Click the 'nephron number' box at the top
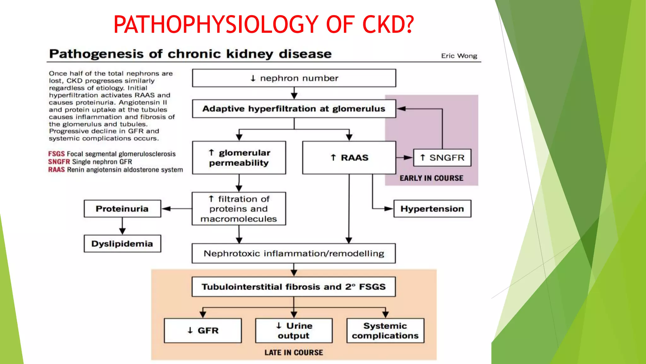(x=294, y=78)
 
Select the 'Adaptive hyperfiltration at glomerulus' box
(x=294, y=109)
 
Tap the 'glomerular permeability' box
(x=239, y=158)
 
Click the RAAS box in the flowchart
(x=349, y=158)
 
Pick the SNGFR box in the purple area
(x=442, y=158)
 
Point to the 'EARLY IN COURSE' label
(x=431, y=178)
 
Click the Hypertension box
(x=432, y=209)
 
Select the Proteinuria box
(x=122, y=209)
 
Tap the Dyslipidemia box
(x=122, y=244)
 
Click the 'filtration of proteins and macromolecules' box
(x=239, y=209)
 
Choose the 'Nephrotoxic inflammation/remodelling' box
(x=294, y=253)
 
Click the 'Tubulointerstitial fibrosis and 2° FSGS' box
(x=294, y=287)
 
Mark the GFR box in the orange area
(x=203, y=331)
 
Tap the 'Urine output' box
(x=294, y=331)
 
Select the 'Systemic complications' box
(x=385, y=331)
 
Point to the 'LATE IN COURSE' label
(x=294, y=353)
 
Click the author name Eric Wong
(x=459, y=56)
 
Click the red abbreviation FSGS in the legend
(x=56, y=154)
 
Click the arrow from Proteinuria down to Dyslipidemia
(x=122, y=226)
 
